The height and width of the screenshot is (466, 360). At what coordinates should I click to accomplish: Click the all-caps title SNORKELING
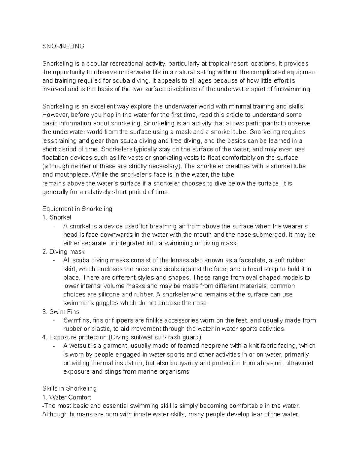coord(63,46)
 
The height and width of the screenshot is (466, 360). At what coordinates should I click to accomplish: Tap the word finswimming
coord(295,89)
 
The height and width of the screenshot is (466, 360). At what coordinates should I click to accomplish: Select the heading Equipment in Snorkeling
coord(77,209)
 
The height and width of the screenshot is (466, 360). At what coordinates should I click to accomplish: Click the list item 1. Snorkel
coord(57,217)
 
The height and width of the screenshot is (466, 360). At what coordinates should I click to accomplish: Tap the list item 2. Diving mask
coord(63,252)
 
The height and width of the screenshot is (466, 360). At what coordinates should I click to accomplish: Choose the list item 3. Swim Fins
coord(61,312)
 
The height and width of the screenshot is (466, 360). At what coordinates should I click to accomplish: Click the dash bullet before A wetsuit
coord(54,346)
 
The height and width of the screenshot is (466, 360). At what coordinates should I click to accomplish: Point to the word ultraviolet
coord(299,363)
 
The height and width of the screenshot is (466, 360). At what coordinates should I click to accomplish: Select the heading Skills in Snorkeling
coord(69,389)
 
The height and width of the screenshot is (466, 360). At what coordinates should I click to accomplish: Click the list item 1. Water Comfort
coord(67,397)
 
